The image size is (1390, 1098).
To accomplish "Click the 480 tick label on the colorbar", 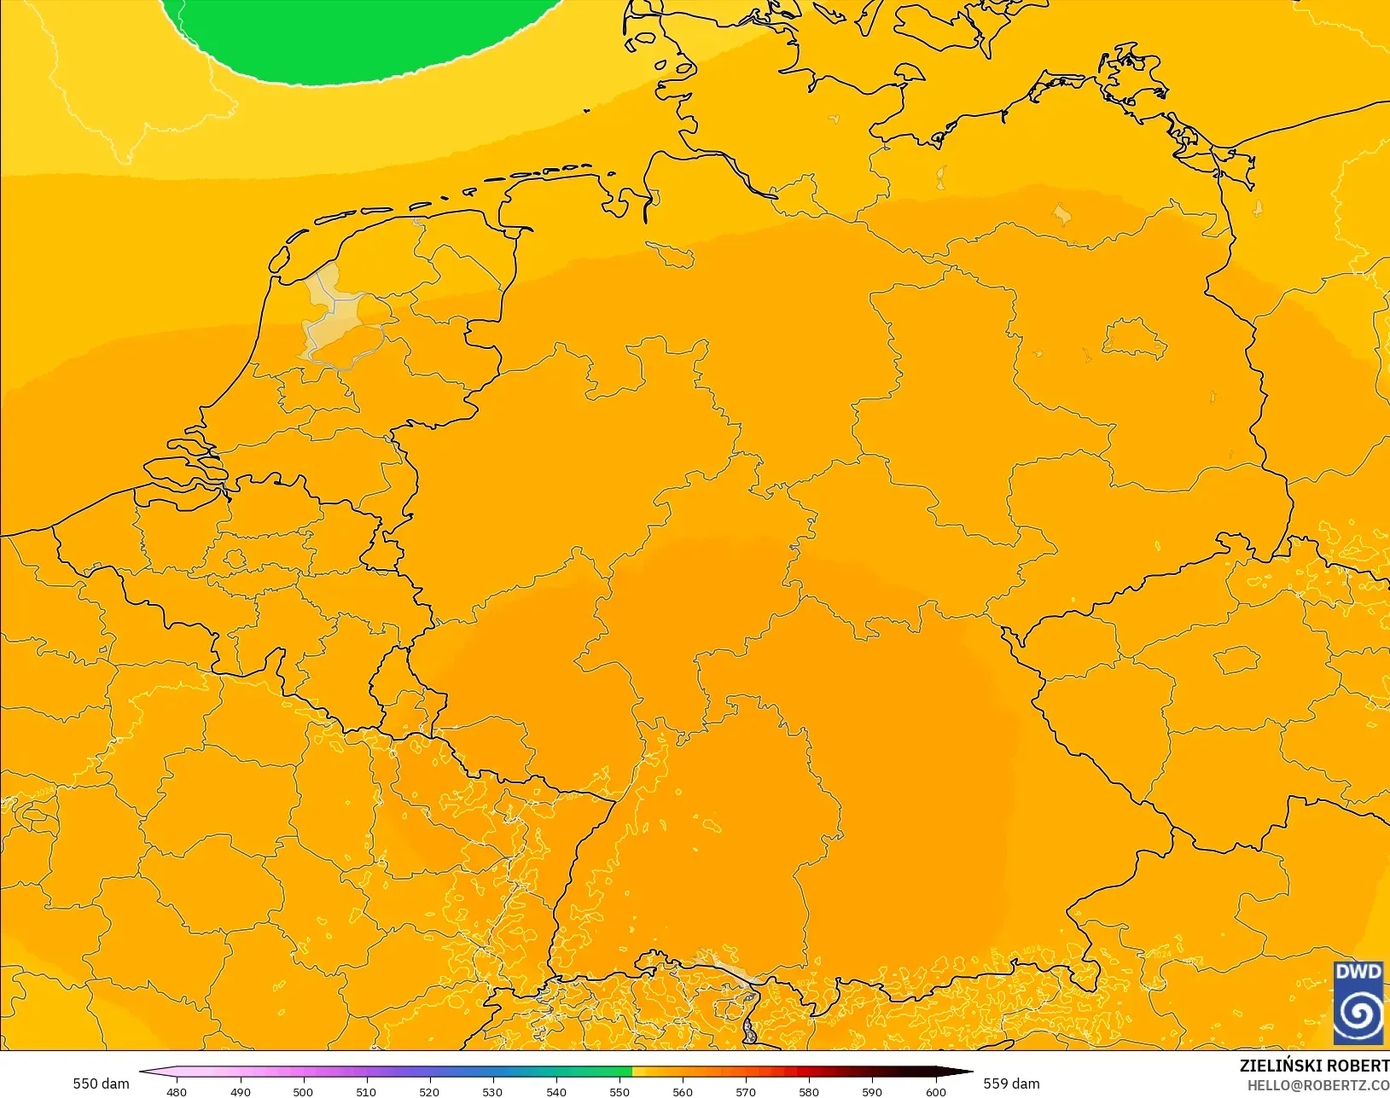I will pyautogui.click(x=177, y=1092).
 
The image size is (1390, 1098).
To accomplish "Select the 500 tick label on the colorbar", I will pyautogui.click(x=303, y=1092).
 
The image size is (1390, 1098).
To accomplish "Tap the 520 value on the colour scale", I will pyautogui.click(x=429, y=1092).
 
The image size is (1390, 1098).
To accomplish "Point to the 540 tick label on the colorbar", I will pyautogui.click(x=555, y=1092).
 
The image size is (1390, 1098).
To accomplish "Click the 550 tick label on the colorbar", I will pyautogui.click(x=619, y=1092).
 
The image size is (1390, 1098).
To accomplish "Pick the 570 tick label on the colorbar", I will pyautogui.click(x=746, y=1092).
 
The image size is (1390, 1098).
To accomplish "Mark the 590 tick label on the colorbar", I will pyautogui.click(x=872, y=1092).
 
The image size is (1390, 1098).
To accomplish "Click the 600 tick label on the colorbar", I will pyautogui.click(x=936, y=1092).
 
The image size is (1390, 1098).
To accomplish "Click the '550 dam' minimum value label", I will pyautogui.click(x=101, y=1083).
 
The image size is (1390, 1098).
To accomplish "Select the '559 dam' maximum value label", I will pyautogui.click(x=1011, y=1083).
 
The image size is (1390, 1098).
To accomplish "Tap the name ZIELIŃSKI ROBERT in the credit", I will pyautogui.click(x=1314, y=1066).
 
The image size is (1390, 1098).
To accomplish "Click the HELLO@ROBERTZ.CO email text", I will pyautogui.click(x=1318, y=1085).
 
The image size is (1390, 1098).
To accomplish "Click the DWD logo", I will pyautogui.click(x=1358, y=1002).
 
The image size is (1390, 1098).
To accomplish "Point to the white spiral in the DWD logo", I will pyautogui.click(x=1358, y=1014).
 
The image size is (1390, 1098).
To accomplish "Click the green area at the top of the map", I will pyautogui.click(x=358, y=38).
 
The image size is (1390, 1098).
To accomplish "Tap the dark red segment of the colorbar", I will pyautogui.click(x=819, y=1072).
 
